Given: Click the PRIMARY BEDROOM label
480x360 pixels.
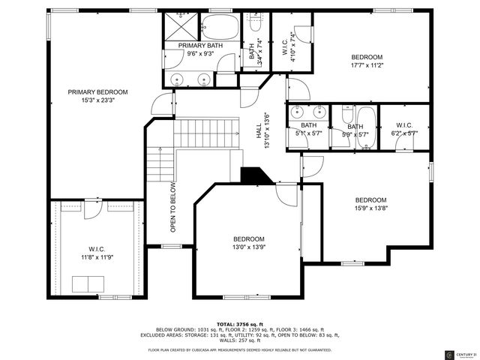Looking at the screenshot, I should [97, 92].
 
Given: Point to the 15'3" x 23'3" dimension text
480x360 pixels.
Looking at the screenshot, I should [97, 100].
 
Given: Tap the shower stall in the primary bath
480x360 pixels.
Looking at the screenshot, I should [181, 28].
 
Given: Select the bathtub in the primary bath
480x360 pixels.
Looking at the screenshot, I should [220, 27].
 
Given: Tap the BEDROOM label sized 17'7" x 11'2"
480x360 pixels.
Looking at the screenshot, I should [367, 57].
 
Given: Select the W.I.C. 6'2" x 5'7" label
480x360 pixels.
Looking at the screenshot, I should [403, 125].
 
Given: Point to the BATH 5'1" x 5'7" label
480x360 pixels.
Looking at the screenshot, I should [309, 125].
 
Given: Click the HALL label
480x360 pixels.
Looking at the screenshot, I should [259, 130].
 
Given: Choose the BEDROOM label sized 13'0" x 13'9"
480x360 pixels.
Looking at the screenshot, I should [248, 238].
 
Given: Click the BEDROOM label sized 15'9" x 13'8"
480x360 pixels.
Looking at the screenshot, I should [370, 199].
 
